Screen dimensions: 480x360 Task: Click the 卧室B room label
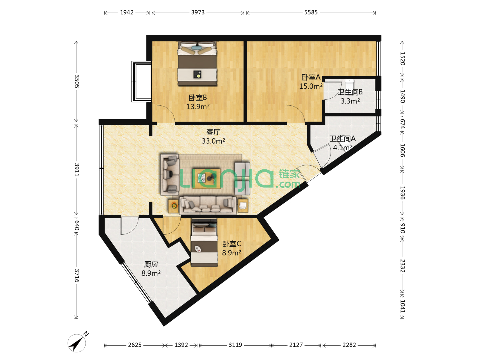pos(197,98)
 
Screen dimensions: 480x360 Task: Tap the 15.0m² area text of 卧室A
pos(311,86)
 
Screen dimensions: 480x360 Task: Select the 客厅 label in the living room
pos(213,132)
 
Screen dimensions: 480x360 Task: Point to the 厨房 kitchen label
pos(151,264)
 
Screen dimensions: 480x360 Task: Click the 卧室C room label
pos(231,243)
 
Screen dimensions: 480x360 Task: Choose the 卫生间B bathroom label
pos(350,92)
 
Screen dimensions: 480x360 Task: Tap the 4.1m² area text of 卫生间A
pos(342,148)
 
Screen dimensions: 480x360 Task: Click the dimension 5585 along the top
pos(311,12)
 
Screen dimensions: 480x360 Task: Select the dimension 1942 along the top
pos(127,12)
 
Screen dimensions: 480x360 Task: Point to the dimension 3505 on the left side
pos(77,81)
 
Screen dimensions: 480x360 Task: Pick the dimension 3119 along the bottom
pos(235,345)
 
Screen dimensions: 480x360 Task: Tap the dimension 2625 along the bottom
pos(135,345)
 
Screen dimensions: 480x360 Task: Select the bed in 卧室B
pos(197,64)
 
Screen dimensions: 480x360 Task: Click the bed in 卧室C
pos(204,242)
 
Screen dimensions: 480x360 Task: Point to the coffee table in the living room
pos(206,178)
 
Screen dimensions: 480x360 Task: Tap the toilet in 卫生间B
pos(349,84)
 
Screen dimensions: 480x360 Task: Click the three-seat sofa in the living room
pos(208,205)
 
